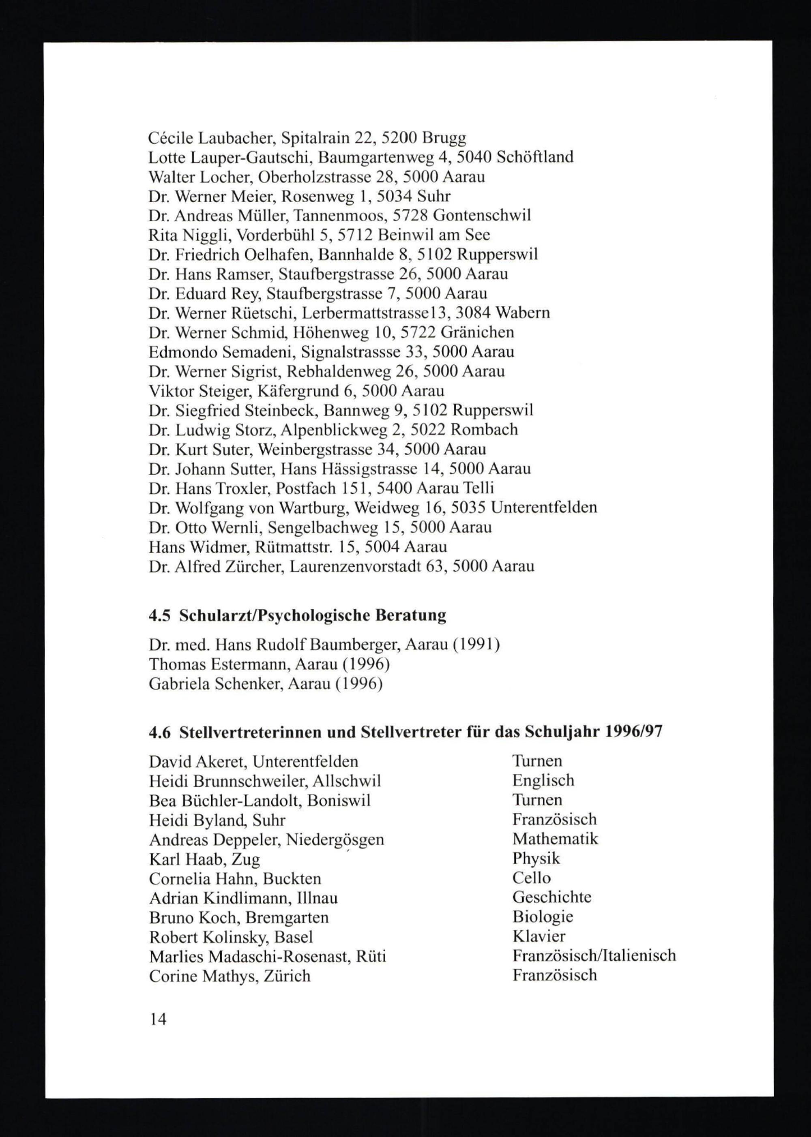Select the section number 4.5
point(159,615)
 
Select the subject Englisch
point(543,780)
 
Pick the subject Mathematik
point(555,839)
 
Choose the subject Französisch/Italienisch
point(594,955)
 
